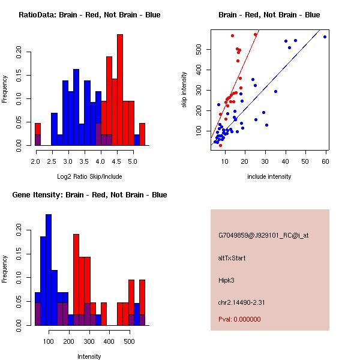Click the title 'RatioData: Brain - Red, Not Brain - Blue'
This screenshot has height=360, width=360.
(89, 15)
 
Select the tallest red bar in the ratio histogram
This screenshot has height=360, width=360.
(120, 90)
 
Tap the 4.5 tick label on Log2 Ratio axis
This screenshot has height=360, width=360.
(116, 161)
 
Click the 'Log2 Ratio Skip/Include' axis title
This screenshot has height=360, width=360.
(89, 176)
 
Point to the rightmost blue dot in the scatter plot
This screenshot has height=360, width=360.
(325, 37)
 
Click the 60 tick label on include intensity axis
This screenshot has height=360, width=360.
(325, 161)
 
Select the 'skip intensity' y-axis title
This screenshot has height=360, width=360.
(184, 89)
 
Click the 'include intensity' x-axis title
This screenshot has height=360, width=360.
(269, 176)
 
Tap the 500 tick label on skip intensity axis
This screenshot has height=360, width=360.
(199, 50)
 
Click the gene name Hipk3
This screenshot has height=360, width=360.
(226, 280)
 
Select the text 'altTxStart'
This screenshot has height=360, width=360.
(232, 258)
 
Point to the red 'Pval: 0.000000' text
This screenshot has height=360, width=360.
(239, 319)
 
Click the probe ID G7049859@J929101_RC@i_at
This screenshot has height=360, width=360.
(263, 236)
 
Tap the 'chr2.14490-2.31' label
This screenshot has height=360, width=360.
(241, 302)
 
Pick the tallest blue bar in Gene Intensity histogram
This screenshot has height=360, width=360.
(49, 270)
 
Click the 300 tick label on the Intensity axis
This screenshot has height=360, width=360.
(89, 341)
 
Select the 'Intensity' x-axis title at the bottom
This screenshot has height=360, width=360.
(89, 356)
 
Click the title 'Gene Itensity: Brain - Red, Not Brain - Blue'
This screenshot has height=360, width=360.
(89, 195)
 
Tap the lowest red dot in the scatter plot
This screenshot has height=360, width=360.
(220, 146)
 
